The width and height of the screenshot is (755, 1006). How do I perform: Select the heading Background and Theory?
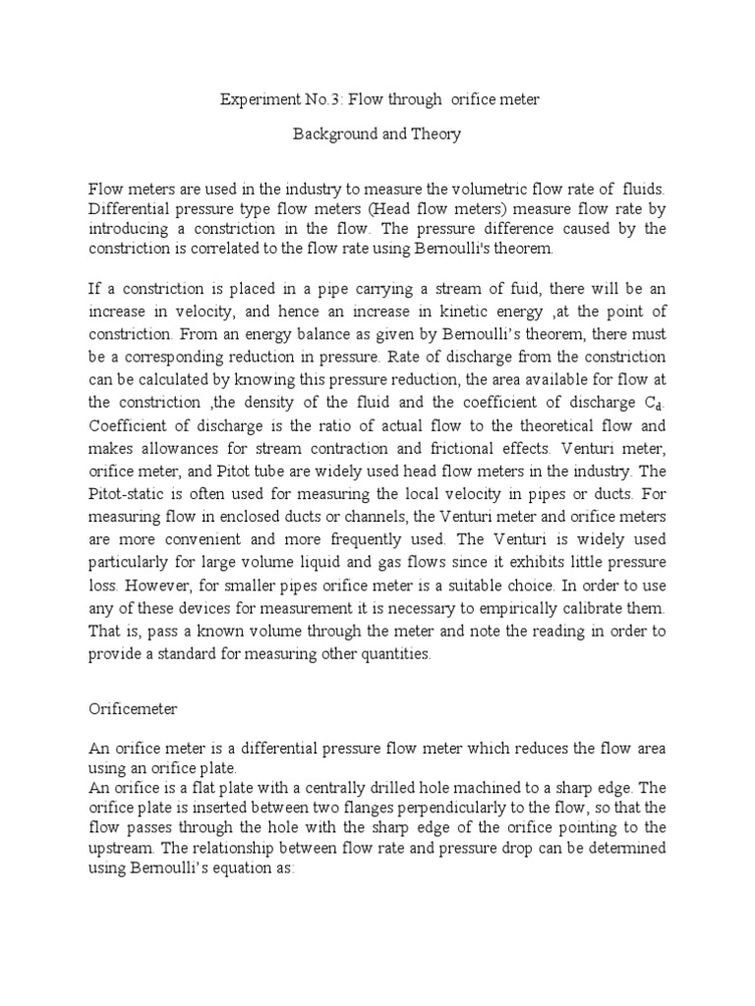click(377, 135)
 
